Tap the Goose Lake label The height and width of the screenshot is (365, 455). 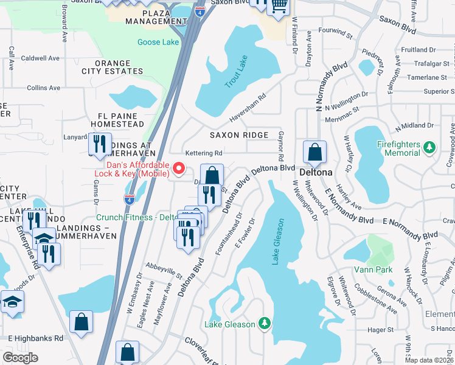158,42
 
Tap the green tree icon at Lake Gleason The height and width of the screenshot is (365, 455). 264,322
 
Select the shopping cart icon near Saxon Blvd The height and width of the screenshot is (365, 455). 279,7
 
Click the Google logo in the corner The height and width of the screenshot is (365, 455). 20,357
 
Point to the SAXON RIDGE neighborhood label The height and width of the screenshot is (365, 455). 239,135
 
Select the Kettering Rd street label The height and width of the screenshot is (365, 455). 204,153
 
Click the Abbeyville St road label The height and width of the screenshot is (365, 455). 164,271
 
